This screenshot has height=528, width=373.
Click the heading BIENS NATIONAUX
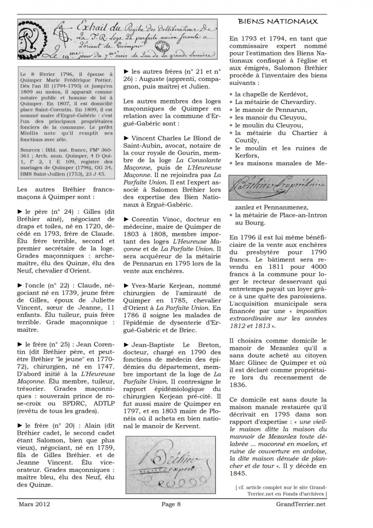coord(278,21)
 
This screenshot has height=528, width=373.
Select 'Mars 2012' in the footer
coord(32,518)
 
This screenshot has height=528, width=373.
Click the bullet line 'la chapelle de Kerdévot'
coord(275,94)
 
